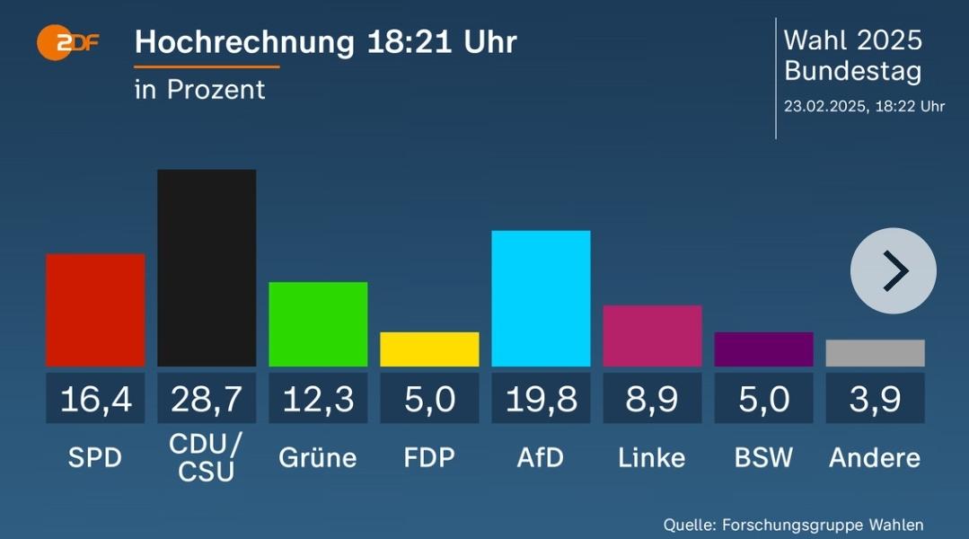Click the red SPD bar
(95, 310)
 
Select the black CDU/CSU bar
(207, 268)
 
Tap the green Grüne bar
(318, 324)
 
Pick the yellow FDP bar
(429, 349)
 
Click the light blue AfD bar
(541, 298)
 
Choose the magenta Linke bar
(652, 336)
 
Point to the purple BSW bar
(763, 349)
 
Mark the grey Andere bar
(875, 353)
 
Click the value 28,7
(207, 399)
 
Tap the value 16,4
(95, 399)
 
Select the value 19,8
(541, 399)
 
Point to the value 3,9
(875, 399)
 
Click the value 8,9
(652, 399)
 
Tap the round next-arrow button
(893, 270)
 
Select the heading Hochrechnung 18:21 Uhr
(325, 42)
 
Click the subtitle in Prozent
(199, 90)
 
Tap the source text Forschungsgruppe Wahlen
(821, 525)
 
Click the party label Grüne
(318, 458)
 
